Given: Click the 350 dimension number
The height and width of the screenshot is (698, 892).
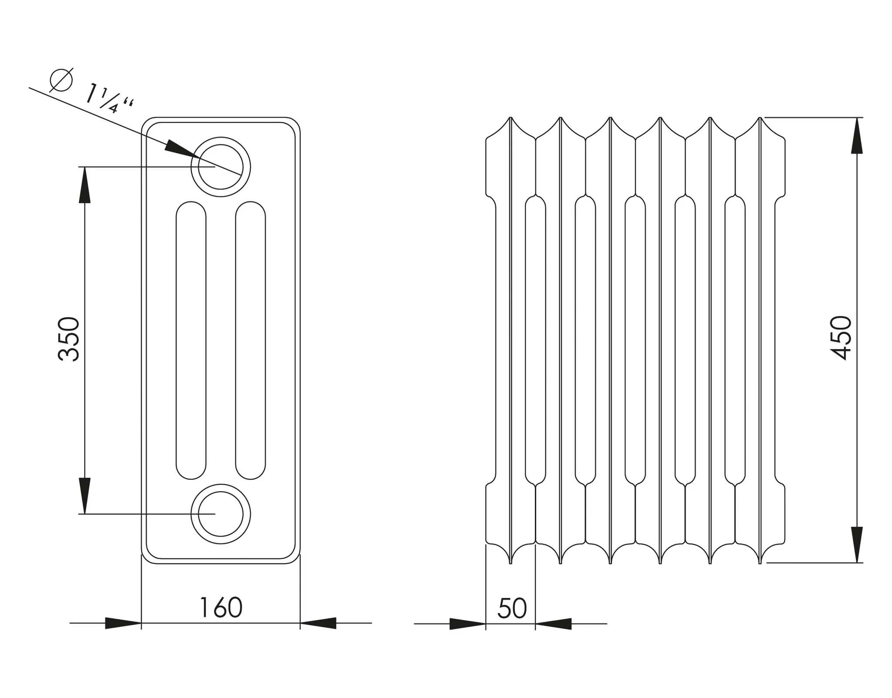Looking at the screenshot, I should tap(69, 339).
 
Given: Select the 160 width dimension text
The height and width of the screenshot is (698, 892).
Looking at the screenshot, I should tap(221, 608).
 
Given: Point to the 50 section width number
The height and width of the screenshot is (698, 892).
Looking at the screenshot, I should tap(512, 608).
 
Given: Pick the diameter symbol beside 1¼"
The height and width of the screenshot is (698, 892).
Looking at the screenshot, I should tap(61, 80).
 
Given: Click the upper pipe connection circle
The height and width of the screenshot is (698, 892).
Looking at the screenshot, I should tap(221, 167).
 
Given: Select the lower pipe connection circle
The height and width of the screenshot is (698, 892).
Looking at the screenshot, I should tap(221, 514).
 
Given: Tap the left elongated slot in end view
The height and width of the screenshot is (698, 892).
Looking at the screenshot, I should tap(191, 340).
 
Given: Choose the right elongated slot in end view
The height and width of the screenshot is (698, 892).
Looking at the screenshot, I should tap(250, 340).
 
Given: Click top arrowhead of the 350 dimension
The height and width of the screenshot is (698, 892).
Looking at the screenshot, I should tap(84, 185).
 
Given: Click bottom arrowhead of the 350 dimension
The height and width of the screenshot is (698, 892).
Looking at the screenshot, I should tap(84, 496).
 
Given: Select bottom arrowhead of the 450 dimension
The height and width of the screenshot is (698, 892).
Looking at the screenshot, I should tap(857, 545).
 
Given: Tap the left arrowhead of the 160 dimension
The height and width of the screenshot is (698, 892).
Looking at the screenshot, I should tap(123, 623).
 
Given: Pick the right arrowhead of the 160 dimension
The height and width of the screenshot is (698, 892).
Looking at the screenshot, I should tap(318, 623).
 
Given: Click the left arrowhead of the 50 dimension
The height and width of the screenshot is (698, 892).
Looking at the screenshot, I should tap(467, 624).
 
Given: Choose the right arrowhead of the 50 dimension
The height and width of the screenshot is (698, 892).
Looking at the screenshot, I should tap(553, 624).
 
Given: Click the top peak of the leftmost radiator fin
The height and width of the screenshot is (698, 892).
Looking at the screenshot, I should tap(510, 118).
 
